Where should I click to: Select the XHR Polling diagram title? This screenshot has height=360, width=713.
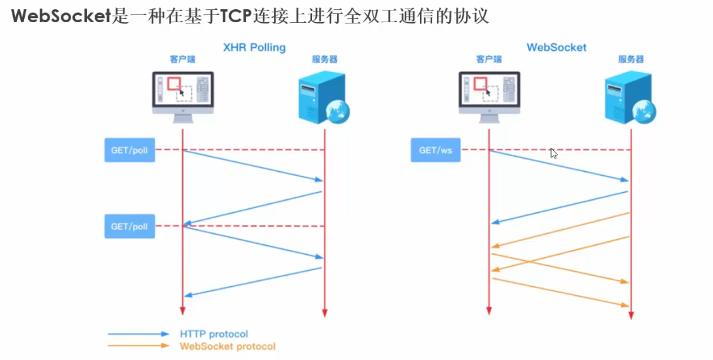click(x=254, y=48)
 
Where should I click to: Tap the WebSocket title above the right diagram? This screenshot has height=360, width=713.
click(x=556, y=48)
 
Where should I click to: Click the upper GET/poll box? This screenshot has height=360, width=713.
click(x=129, y=150)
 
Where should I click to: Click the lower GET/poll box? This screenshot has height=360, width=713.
click(x=129, y=227)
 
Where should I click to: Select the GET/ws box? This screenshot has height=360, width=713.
click(x=436, y=150)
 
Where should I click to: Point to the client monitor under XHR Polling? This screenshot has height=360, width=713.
click(x=183, y=95)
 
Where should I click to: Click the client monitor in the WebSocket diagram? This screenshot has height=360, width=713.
click(x=489, y=95)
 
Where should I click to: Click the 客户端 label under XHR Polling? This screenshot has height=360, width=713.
click(x=183, y=59)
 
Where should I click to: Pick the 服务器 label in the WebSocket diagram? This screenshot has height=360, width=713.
click(x=631, y=59)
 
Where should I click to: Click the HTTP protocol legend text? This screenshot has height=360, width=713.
click(x=214, y=335)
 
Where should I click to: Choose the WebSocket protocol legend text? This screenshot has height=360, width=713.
click(x=227, y=346)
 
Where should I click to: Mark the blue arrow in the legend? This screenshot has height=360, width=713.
click(x=138, y=335)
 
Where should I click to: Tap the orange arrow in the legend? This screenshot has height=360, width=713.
click(x=138, y=346)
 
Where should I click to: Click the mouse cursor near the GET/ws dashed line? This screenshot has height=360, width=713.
click(x=553, y=153)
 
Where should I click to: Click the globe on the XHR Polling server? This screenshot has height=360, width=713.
click(x=340, y=112)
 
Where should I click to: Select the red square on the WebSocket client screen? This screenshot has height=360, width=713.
click(x=480, y=83)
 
